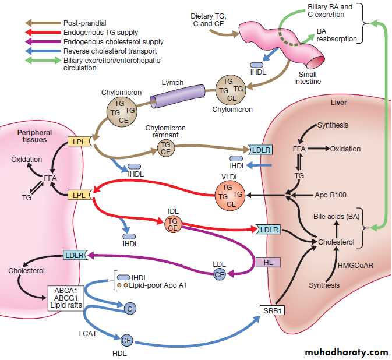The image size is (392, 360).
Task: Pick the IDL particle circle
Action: tap(173, 225)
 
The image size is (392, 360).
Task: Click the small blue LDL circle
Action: tap(220, 274)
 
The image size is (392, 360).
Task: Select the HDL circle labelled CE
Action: tap(126, 340)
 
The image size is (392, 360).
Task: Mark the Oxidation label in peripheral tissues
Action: tap(27, 160)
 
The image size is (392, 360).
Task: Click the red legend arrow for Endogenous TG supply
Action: tap(40, 33)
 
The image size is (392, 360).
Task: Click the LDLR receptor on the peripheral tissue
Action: tap(75, 255)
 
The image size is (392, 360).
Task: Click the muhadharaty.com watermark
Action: tap(346, 352)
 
